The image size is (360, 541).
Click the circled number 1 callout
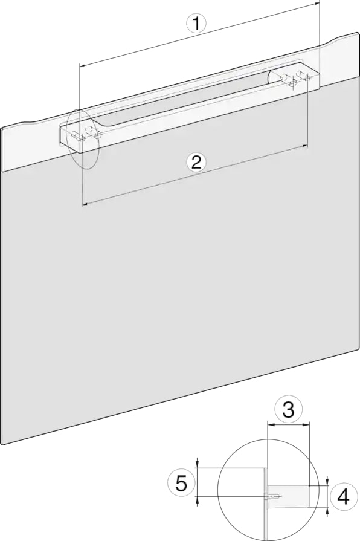coord(196,24)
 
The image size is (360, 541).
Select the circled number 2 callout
coord(196,162)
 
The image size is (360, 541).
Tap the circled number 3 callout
coord(289,410)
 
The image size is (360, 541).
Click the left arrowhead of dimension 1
coord(82,65)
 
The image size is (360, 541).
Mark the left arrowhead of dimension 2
coord(85,204)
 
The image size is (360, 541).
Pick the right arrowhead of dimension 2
coord(305,146)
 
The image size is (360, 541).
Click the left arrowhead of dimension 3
coord(271,426)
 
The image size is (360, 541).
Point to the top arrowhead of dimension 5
coord(197,465)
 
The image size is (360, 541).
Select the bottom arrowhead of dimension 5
coord(197,500)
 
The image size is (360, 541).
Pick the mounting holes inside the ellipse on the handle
coord(86,134)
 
